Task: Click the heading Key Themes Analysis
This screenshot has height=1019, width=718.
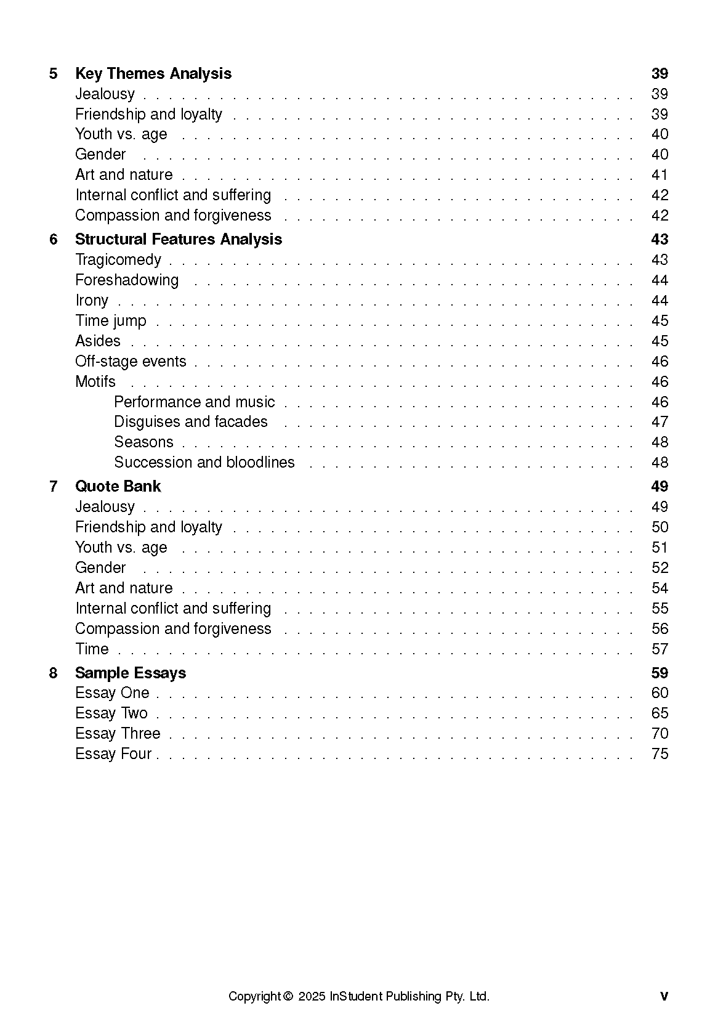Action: (x=153, y=74)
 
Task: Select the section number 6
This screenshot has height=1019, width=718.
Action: (x=54, y=240)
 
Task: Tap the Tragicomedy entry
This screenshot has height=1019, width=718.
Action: (x=118, y=260)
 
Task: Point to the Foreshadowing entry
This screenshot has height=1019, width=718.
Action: (x=127, y=280)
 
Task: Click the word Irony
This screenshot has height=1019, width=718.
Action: (x=92, y=301)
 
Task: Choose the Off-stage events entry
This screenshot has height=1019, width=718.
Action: (x=131, y=362)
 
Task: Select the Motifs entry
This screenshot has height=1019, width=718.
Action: (x=95, y=382)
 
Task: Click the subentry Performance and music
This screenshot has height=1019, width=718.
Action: (x=194, y=402)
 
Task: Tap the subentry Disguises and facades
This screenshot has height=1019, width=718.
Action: (x=191, y=422)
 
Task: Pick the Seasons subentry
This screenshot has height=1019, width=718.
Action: (x=143, y=442)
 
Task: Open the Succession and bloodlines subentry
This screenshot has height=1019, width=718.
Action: (x=204, y=463)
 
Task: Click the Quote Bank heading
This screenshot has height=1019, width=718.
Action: (x=118, y=487)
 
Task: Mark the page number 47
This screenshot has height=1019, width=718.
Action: (x=660, y=422)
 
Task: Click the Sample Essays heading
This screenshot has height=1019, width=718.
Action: (x=131, y=673)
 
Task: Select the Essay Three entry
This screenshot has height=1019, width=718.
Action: (x=118, y=734)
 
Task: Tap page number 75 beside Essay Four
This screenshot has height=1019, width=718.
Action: (x=660, y=754)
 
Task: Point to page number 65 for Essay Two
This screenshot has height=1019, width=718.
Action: (x=660, y=713)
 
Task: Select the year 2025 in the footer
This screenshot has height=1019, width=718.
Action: (x=312, y=997)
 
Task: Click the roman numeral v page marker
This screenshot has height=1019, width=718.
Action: (x=664, y=997)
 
